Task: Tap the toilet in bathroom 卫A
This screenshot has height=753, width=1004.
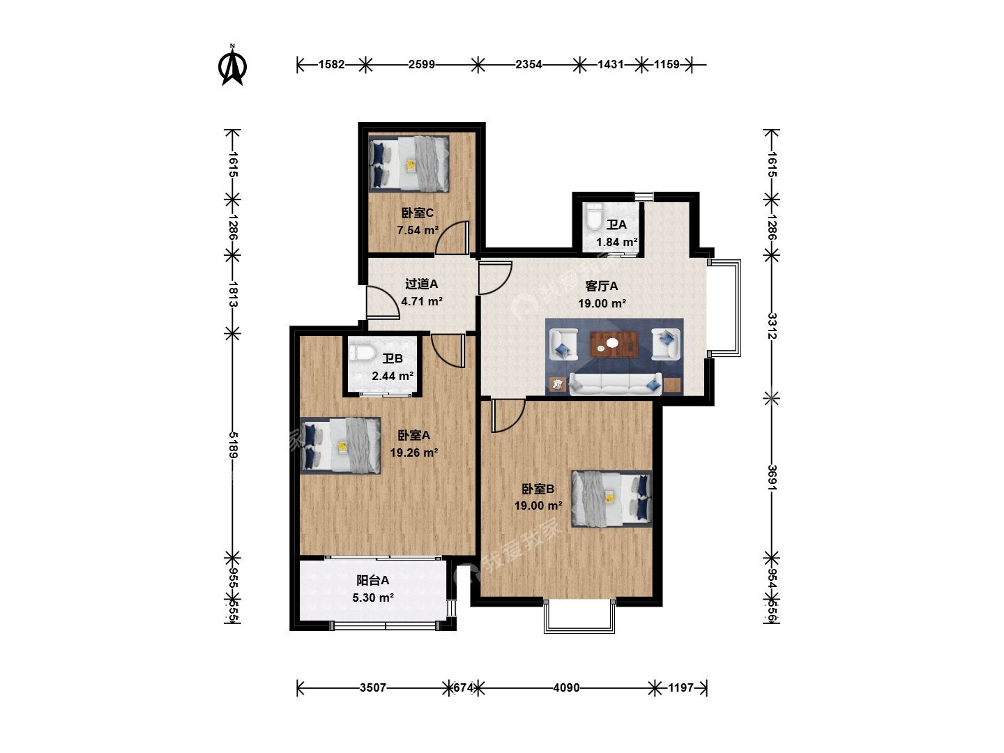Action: (594, 217)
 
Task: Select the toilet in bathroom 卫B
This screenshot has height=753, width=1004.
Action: (362, 353)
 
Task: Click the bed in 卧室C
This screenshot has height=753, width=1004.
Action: (409, 164)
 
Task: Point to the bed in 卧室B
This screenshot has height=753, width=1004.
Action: (611, 499)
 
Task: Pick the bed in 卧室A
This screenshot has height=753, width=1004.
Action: (340, 446)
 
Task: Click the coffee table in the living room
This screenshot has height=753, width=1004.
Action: (614, 344)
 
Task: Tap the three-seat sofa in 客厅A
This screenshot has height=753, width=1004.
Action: (616, 383)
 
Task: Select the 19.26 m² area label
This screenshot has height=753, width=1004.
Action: (414, 452)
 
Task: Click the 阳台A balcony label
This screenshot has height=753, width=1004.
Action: (373, 581)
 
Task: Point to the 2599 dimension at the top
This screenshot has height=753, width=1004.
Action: (421, 64)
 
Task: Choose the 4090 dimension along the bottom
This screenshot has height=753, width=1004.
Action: (566, 687)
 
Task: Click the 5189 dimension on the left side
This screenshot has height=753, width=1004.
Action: (233, 445)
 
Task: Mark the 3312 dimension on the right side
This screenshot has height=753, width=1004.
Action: (772, 326)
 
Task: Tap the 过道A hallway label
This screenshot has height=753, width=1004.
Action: (421, 284)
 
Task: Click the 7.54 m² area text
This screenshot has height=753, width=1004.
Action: (418, 230)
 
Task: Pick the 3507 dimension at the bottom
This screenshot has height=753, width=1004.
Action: (373, 687)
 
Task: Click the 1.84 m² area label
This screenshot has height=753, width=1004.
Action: (617, 243)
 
